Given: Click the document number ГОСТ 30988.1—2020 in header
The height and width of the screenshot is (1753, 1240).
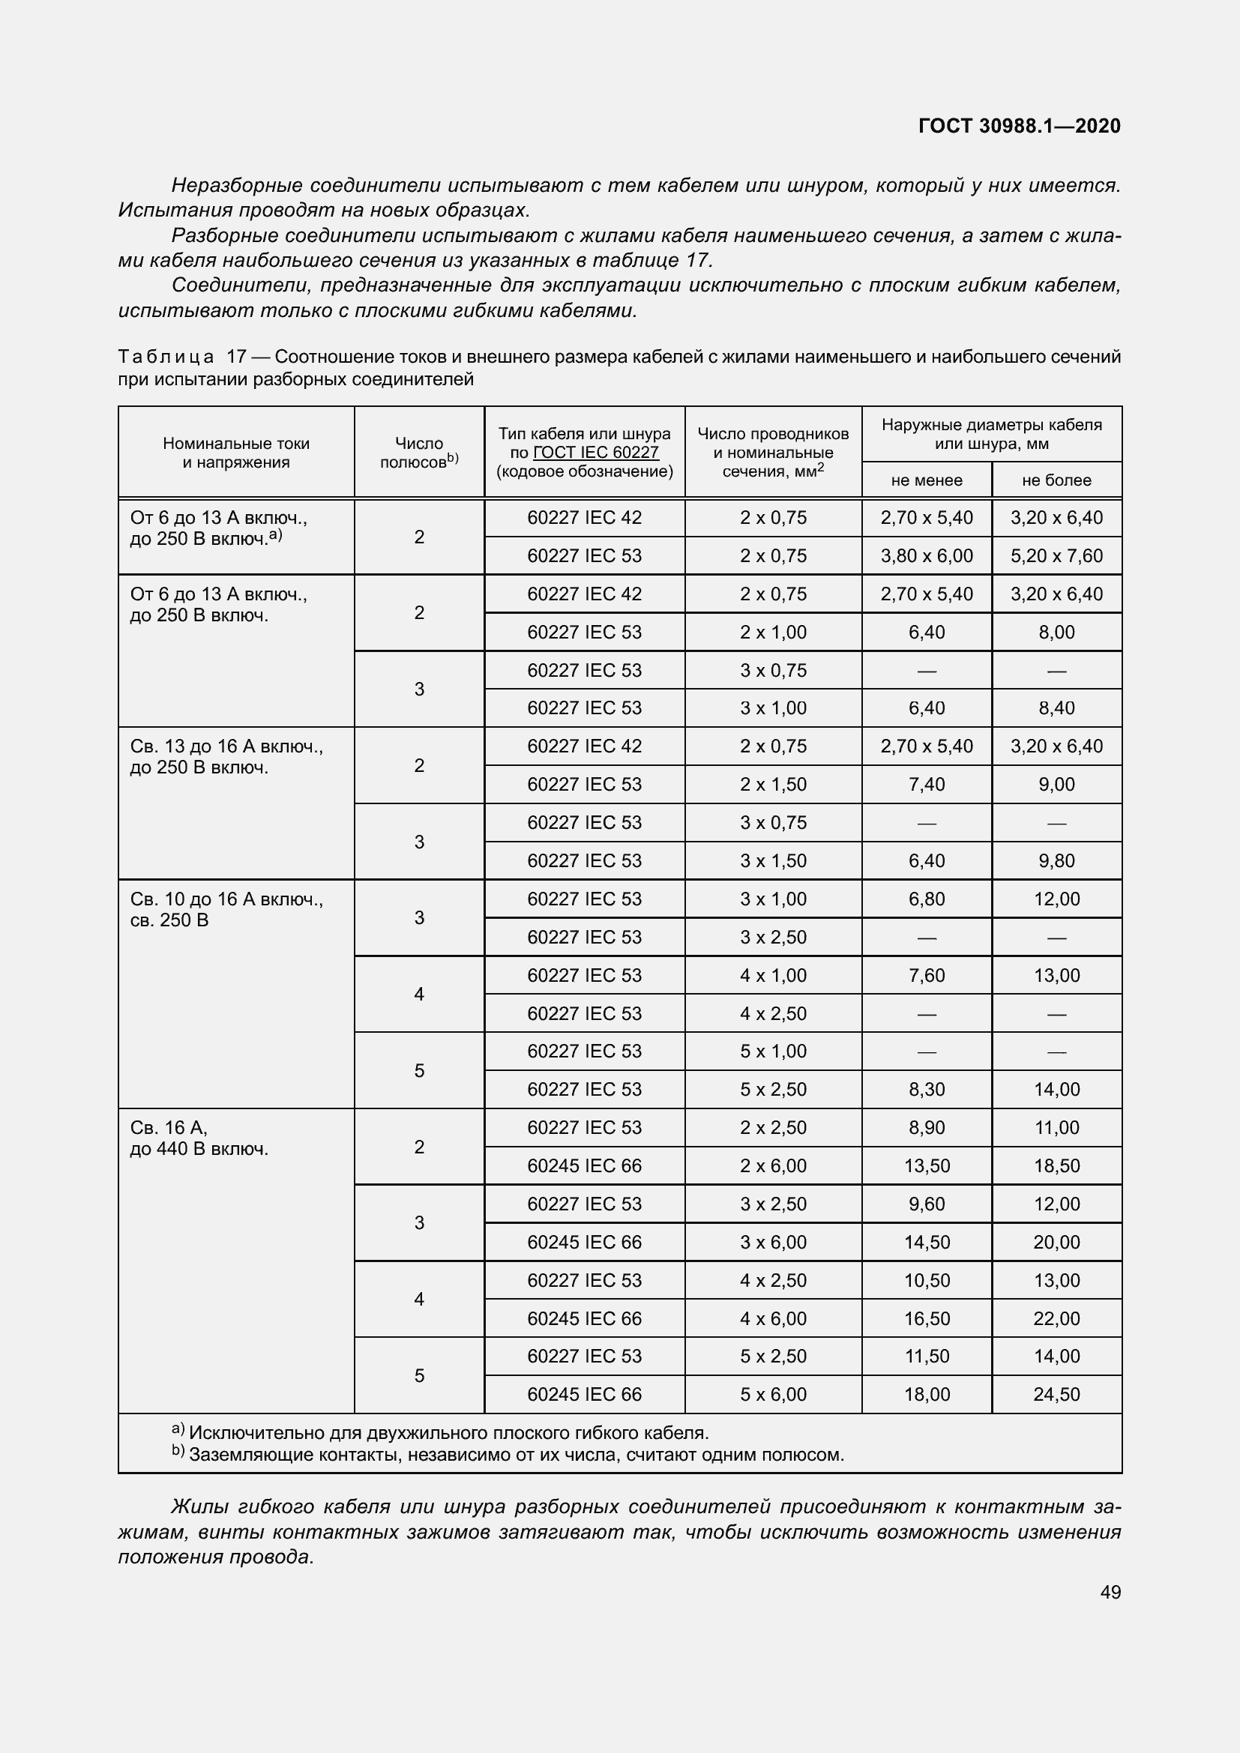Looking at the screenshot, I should (1019, 126).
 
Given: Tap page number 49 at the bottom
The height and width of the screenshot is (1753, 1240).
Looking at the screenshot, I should (1110, 1592).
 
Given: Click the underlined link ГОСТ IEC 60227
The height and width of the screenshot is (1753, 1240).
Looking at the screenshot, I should (595, 452).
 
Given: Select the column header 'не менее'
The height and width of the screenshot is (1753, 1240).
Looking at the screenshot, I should (926, 480).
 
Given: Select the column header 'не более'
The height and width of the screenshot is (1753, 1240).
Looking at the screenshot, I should (1056, 480).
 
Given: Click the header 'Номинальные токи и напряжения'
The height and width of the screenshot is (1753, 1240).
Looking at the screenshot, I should (236, 452).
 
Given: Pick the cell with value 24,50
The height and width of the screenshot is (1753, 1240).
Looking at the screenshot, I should (1056, 1394).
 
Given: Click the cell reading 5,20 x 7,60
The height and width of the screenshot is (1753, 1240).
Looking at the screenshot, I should (1056, 556).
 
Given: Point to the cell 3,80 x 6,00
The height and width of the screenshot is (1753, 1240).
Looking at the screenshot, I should (926, 556).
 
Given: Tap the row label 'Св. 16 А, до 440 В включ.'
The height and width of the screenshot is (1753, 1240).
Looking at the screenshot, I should (199, 1138).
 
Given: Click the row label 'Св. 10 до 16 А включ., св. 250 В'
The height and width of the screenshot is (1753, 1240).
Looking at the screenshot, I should (226, 909).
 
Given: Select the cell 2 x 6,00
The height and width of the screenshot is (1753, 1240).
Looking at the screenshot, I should (773, 1166).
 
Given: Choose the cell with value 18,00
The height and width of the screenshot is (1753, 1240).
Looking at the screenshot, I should (926, 1394).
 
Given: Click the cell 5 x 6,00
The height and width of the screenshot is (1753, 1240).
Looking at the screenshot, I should (773, 1394).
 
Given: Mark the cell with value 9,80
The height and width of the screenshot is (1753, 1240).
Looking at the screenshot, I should (1056, 860).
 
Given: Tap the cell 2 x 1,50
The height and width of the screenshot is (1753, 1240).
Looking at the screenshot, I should (773, 784).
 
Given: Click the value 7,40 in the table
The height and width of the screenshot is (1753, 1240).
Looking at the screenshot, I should (926, 784).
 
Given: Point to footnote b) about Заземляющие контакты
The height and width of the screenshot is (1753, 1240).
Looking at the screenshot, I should (508, 1455).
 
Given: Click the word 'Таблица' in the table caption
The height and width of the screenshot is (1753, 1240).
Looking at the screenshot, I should (166, 357).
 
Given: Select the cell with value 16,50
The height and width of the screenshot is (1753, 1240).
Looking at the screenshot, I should (926, 1318).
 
